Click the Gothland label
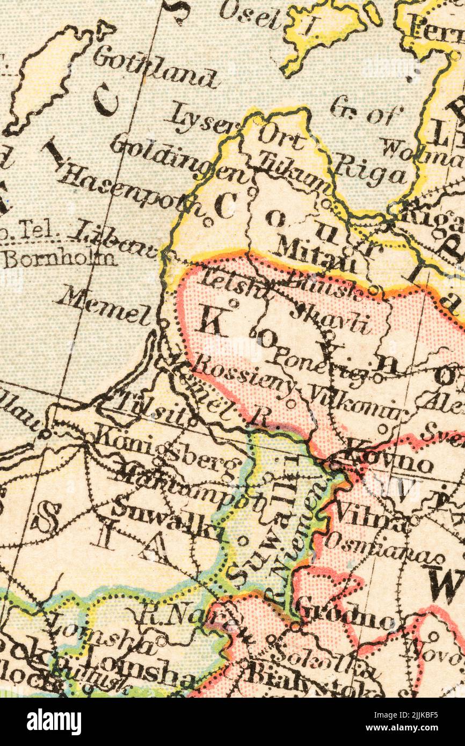pos(155,68)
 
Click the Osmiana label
pos(383,547)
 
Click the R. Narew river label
pos(193,618)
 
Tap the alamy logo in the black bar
pos(54,722)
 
